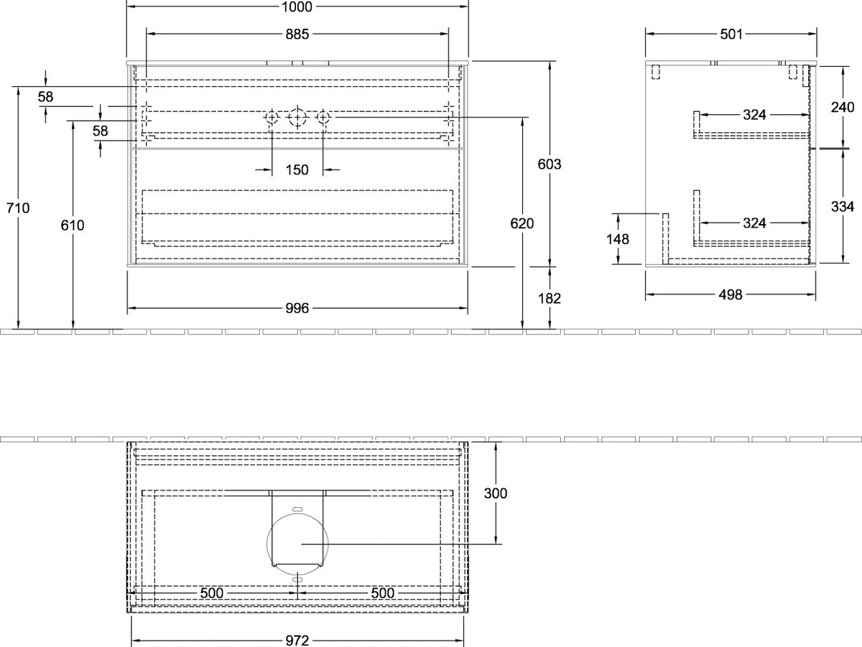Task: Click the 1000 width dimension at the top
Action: [x=297, y=6]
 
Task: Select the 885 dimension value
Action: [x=297, y=34]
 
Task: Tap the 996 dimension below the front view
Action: [x=297, y=308]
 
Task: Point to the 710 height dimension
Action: [x=18, y=208]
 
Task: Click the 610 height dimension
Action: [x=73, y=225]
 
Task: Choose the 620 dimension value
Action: [x=522, y=223]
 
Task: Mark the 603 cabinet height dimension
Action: [x=550, y=164]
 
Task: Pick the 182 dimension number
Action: [x=550, y=299]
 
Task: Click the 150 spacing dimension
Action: [x=297, y=170]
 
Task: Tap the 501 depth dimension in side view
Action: [x=731, y=34]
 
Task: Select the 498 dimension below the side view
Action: [x=731, y=294]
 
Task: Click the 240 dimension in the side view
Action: [x=843, y=107]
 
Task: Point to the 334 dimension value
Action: [x=843, y=206]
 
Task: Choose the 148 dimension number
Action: [x=618, y=238]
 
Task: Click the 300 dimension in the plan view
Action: [x=496, y=493]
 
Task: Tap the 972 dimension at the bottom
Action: [x=297, y=641]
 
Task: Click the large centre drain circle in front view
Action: [x=297, y=117]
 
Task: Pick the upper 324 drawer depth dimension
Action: [x=754, y=115]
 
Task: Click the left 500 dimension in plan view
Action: [x=212, y=593]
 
